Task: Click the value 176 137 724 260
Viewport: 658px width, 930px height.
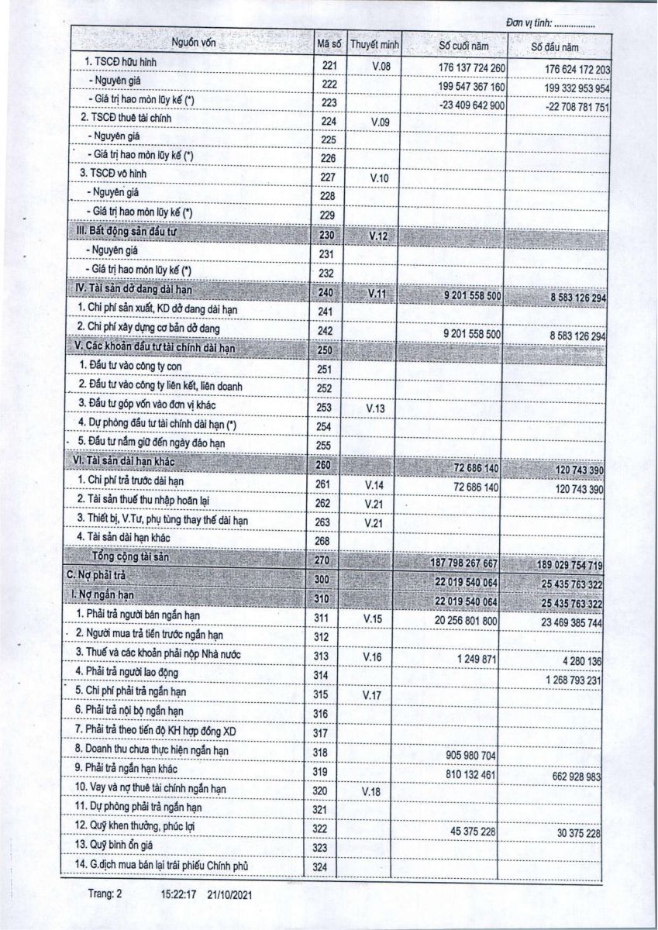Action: coord(461,67)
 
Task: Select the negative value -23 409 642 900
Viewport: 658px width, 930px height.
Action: coord(461,105)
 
